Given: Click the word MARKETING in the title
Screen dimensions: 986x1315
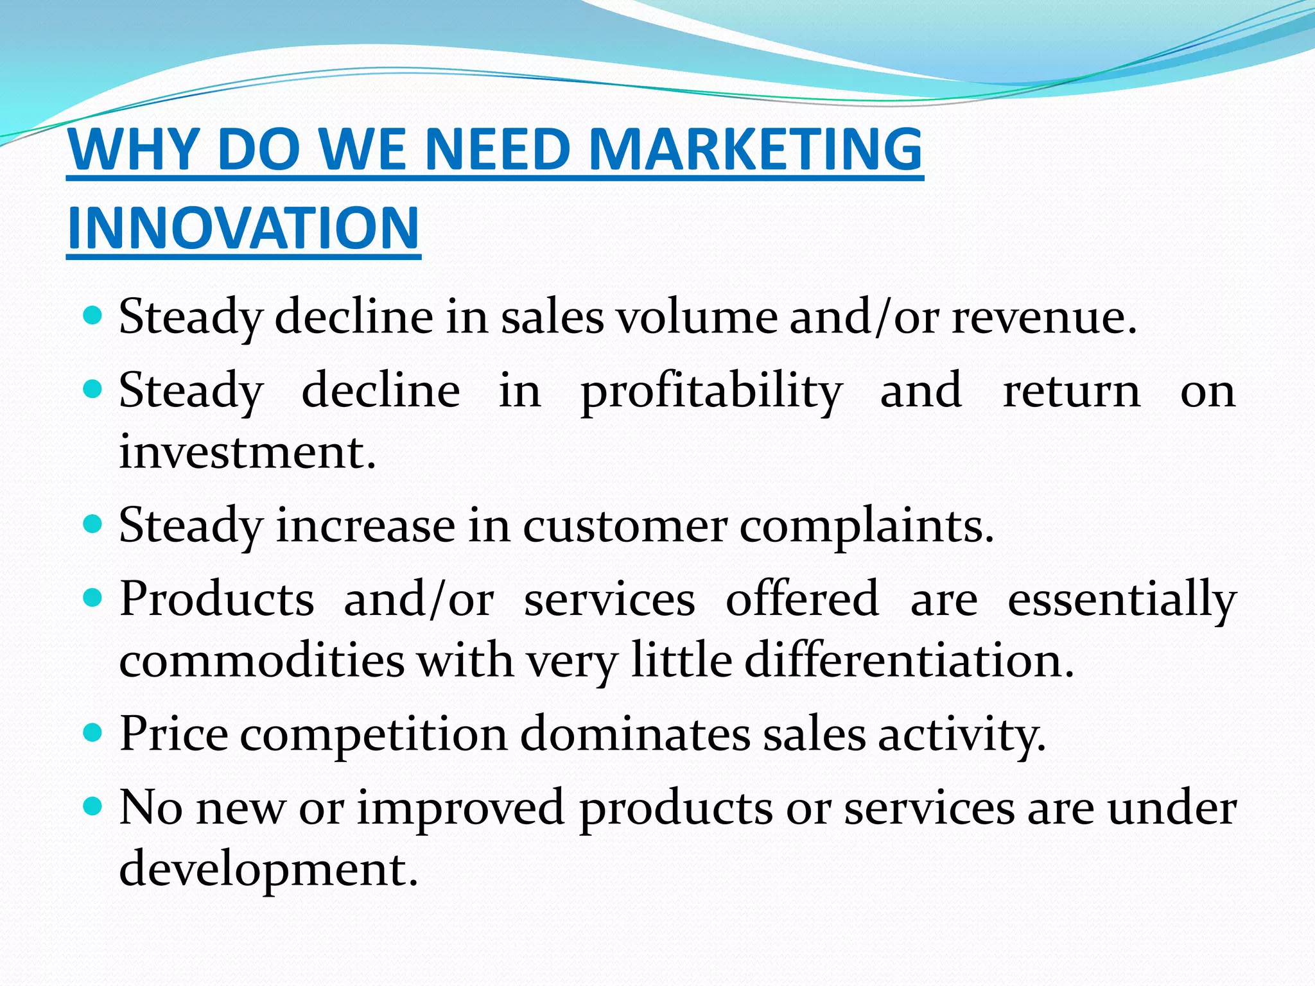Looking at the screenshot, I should (x=755, y=150).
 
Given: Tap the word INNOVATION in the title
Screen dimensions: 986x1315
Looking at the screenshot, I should (x=243, y=229).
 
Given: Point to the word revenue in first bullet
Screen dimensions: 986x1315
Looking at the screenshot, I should (x=1043, y=317).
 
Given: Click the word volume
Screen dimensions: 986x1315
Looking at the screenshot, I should (x=697, y=317).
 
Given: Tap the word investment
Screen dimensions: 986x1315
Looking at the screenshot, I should (x=247, y=452).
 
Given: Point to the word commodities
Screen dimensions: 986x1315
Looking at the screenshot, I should (x=262, y=661).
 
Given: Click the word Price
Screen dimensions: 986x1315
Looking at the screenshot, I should (x=173, y=733).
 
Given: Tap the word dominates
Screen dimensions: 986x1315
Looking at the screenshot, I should (x=635, y=733).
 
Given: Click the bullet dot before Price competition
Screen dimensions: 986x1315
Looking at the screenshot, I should (x=94, y=732).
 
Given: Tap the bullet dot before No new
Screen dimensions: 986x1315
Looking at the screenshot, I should (x=94, y=806).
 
